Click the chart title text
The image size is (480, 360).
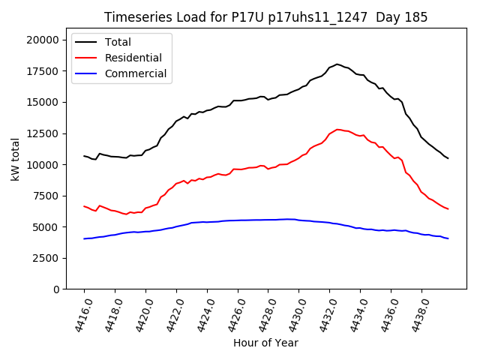pyautogui.click(x=265, y=17)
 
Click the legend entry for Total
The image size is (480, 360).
pyautogui.click(x=118, y=42)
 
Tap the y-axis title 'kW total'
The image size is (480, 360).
pyautogui.click(x=15, y=159)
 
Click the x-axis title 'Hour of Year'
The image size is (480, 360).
pyautogui.click(x=265, y=343)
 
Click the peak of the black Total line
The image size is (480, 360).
pyautogui.click(x=337, y=64)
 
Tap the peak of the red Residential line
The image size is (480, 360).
pyautogui.click(x=338, y=129)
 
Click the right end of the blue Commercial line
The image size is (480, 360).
pyautogui.click(x=448, y=238)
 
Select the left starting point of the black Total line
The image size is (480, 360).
pyautogui.click(x=84, y=156)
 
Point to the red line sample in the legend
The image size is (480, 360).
pyautogui.click(x=87, y=58)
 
